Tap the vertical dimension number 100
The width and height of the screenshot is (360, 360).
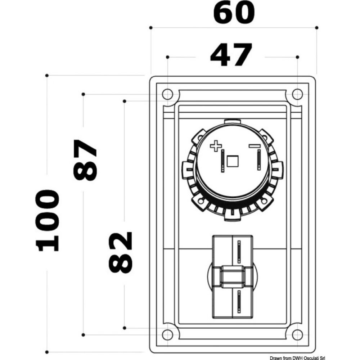[x=47, y=220]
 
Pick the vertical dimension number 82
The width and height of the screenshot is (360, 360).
[x=121, y=252]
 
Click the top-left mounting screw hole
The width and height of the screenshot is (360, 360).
[x=167, y=94]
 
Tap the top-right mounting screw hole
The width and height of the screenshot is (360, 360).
[x=297, y=94]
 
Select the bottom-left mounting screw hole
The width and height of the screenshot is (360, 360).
[x=167, y=335]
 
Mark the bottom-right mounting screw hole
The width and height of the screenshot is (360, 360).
[x=297, y=335]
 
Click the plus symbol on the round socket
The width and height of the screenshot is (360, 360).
[x=215, y=146]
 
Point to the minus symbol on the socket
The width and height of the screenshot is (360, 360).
[x=254, y=146]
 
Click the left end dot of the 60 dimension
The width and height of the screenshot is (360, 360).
[x=151, y=28]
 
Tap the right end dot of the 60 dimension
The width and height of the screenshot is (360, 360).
[x=316, y=28]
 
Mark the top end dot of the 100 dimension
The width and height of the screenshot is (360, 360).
[x=47, y=75]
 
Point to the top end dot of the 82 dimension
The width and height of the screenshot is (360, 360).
[x=124, y=101]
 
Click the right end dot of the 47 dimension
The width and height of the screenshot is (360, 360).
[x=297, y=57]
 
